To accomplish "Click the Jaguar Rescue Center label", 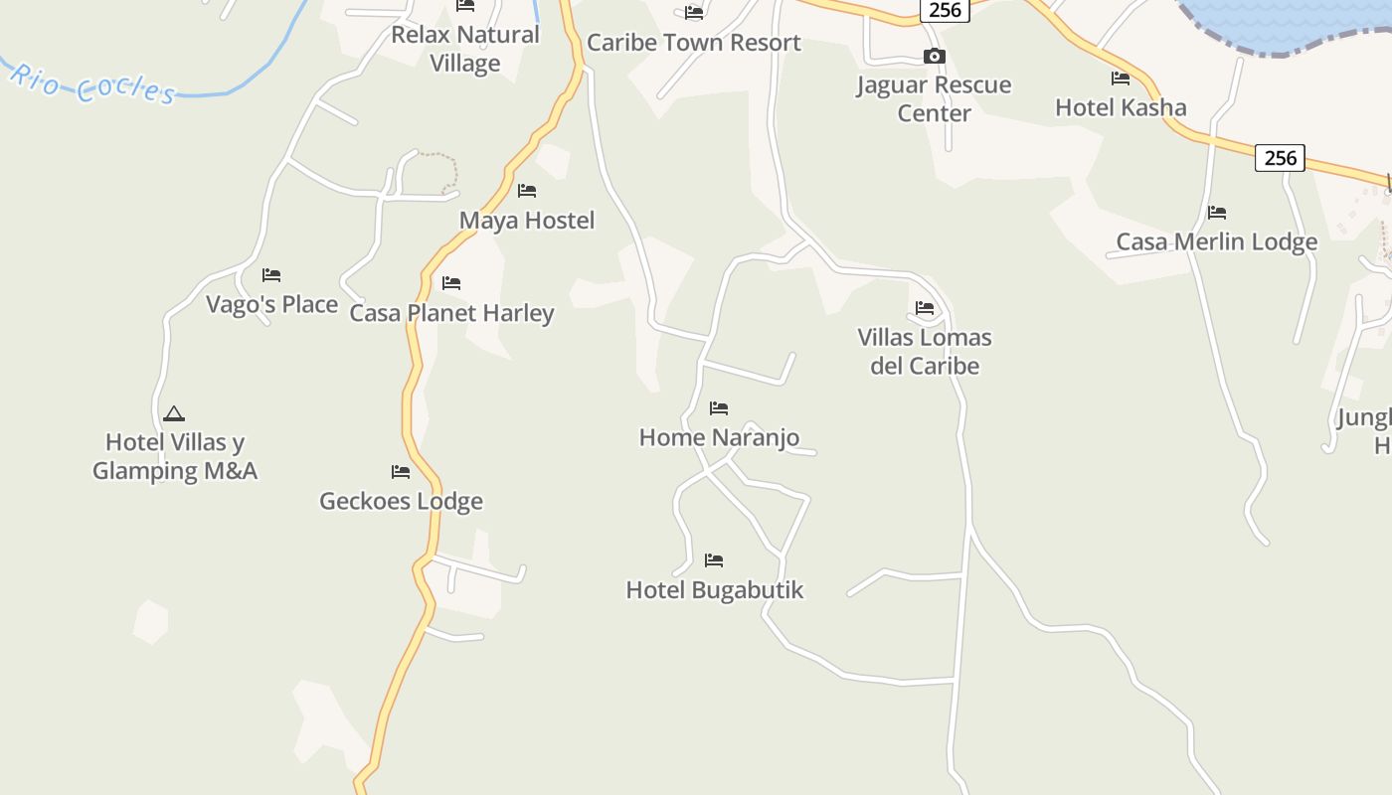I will pyautogui.click(x=934, y=98).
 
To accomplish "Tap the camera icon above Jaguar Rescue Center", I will pyautogui.click(x=934, y=57).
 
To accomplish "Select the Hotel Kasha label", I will pyautogui.click(x=1121, y=107).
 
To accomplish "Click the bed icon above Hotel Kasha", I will pyautogui.click(x=1121, y=78).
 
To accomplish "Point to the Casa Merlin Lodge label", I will pyautogui.click(x=1216, y=241).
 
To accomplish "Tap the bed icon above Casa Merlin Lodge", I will pyautogui.click(x=1216, y=212).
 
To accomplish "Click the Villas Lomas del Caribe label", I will pyautogui.click(x=925, y=351).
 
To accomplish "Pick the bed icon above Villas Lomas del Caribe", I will pyautogui.click(x=925, y=308).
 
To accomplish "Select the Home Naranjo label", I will pyautogui.click(x=719, y=437).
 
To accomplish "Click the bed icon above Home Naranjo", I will pyautogui.click(x=719, y=407).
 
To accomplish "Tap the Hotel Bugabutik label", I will pyautogui.click(x=714, y=589).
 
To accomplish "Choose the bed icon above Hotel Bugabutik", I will pyautogui.click(x=714, y=560).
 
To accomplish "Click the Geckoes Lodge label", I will pyautogui.click(x=401, y=501).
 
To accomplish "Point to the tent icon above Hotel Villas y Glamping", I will pyautogui.click(x=174, y=413).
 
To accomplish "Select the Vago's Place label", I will pyautogui.click(x=271, y=304).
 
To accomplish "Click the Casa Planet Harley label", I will pyautogui.click(x=451, y=313).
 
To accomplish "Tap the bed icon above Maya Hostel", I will pyautogui.click(x=527, y=191).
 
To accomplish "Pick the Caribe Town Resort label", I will pyautogui.click(x=693, y=43).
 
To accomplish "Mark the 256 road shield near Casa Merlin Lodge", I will pyautogui.click(x=1280, y=157).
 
